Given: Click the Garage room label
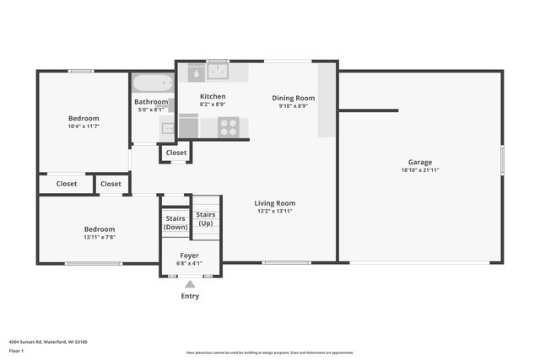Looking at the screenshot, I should coord(420,162).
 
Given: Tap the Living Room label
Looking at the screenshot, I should coord(274,202).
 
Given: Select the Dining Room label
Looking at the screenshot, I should coord(293,98).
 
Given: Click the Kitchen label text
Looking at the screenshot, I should coord(213,96).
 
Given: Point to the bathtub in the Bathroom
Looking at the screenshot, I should coord(153,83).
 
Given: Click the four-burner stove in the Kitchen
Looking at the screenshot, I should coord(229,126).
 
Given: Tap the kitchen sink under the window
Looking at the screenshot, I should coord(219,71).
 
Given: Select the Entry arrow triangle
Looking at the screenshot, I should coord(190,284).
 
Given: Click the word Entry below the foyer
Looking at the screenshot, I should coord(190,296).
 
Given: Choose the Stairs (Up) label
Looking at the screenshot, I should coord(205,219).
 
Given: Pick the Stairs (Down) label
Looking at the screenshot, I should coord(175,223).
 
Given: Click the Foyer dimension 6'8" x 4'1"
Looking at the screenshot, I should coord(190,262).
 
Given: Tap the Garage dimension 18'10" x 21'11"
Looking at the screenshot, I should coord(420,170).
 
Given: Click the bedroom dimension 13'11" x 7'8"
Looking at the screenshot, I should coord(99,237).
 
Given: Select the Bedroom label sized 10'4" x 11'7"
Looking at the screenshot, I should coord(84,118).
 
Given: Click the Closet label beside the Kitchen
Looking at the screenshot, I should coord(176,153).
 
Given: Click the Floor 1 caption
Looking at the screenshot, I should coord(15,349).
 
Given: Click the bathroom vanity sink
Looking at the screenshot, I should coord(168,129).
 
